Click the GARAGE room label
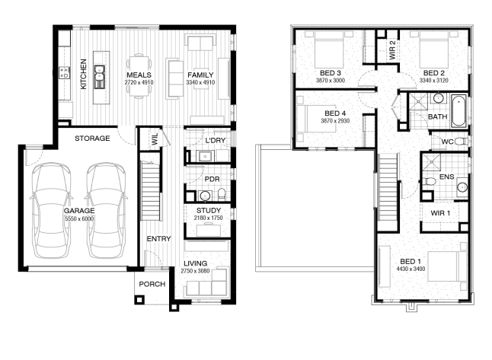click(79, 211)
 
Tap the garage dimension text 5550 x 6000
click(79, 218)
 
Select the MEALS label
click(139, 75)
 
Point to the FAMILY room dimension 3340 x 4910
click(200, 82)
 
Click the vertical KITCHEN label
click(84, 74)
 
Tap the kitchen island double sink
click(100, 77)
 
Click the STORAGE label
click(92, 139)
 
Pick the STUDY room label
click(209, 210)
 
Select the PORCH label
click(152, 284)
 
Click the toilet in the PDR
click(222, 195)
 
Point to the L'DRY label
click(216, 141)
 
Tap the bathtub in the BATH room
click(458, 111)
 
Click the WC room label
click(447, 142)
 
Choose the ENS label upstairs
click(447, 177)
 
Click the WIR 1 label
click(440, 213)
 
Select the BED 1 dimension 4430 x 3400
click(411, 269)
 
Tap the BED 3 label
click(330, 73)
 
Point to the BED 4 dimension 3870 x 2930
click(335, 121)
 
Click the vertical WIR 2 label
click(392, 50)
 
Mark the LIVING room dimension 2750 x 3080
click(195, 271)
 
